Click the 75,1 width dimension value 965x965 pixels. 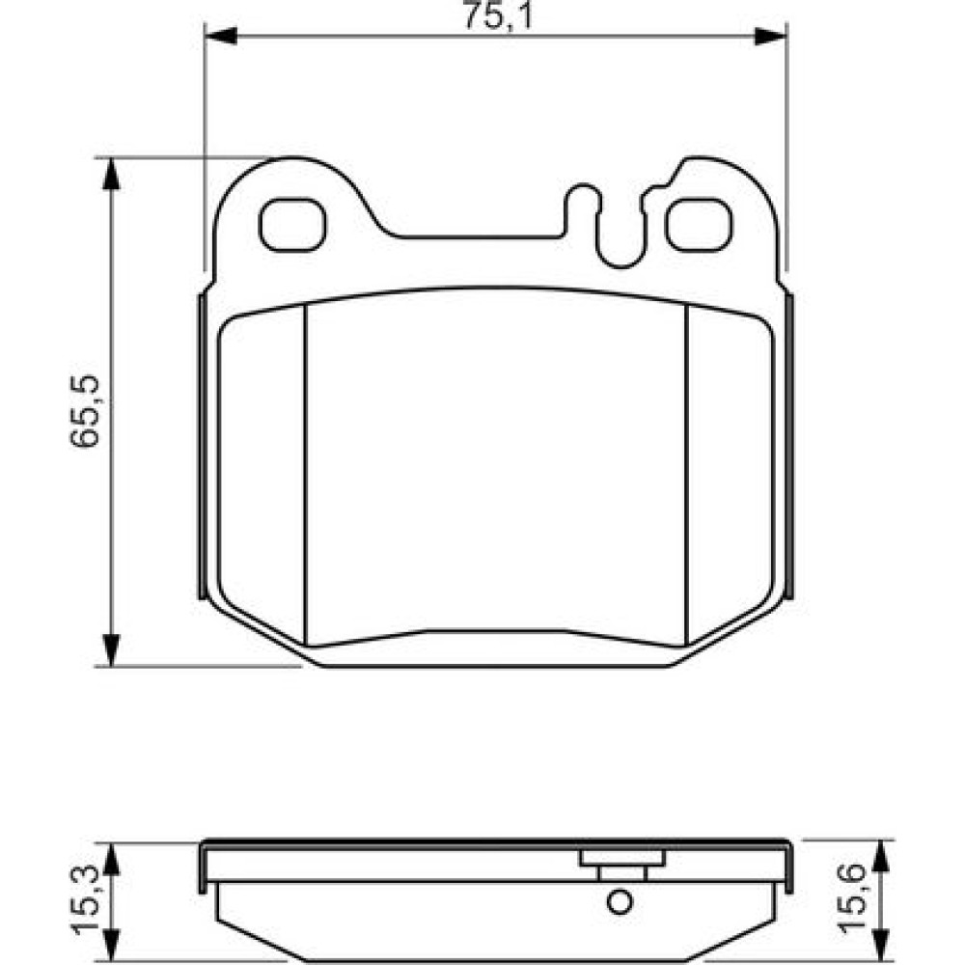click(497, 16)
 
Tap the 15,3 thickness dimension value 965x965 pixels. click(86, 898)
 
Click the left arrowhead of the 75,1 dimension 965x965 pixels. click(220, 36)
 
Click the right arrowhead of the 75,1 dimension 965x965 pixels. click(770, 36)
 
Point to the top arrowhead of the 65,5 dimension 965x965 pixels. click(110, 174)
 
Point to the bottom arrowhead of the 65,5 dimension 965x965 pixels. click(110, 649)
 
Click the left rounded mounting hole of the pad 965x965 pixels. click(291, 224)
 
